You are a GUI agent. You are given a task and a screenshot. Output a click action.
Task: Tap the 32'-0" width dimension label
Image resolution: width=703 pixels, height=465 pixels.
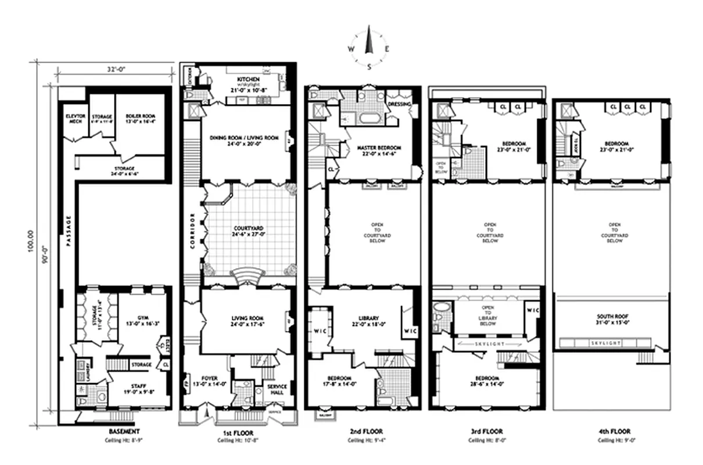[116, 69]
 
